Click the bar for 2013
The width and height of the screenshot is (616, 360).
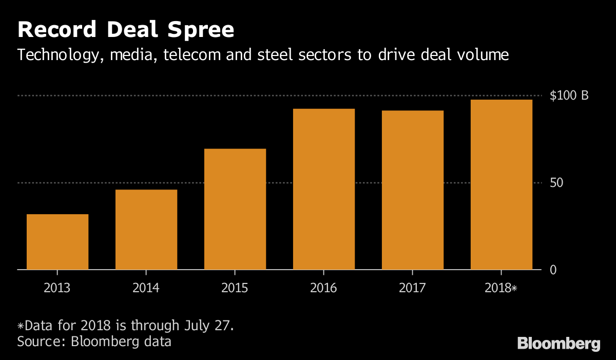57,241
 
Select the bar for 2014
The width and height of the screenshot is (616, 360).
146,230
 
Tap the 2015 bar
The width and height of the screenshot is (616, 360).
235,209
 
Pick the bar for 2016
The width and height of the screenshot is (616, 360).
324,189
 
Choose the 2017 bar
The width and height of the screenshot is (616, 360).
413,190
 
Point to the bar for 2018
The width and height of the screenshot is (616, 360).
502,184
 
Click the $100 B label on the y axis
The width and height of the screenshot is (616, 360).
569,96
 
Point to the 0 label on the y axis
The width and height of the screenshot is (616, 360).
553,270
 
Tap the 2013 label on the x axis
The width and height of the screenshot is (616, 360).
57,288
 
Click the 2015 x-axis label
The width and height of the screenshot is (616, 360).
235,288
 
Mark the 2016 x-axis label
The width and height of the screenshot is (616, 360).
324,288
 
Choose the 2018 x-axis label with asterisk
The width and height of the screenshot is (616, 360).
502,288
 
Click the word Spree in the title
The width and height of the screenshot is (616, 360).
197,31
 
